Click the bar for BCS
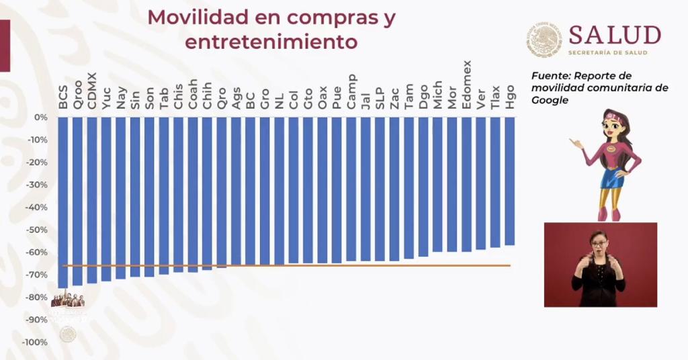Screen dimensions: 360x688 63,201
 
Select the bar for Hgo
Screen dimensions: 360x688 510,181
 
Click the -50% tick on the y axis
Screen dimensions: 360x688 37,230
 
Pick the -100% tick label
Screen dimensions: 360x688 35,343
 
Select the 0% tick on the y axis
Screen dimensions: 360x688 41,118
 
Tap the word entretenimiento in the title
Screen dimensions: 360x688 271,42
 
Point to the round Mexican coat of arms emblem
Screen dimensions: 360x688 544,39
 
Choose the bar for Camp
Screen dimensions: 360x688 351,189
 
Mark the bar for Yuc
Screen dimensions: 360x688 106,199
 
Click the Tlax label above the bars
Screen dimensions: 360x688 496,92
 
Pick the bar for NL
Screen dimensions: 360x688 279,191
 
